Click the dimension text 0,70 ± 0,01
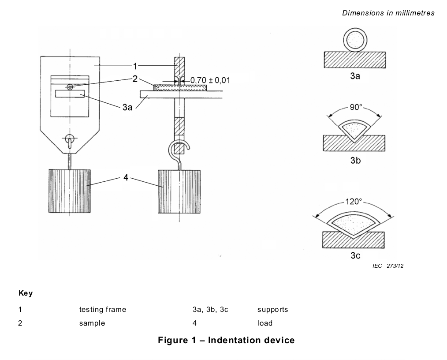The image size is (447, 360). click(x=210, y=80)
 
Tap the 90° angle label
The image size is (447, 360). click(x=356, y=107)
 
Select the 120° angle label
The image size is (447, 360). click(x=354, y=202)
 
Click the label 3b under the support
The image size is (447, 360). click(x=355, y=160)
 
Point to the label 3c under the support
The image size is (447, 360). click(x=355, y=255)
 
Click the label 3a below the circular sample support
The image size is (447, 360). click(x=355, y=76)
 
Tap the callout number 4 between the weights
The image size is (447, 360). click(x=126, y=177)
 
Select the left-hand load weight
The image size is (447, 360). click(x=70, y=191)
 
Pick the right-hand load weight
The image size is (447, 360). click(x=179, y=192)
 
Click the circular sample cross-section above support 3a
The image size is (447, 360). click(x=355, y=40)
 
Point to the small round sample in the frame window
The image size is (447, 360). click(x=70, y=87)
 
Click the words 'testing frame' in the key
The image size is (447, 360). click(x=103, y=310)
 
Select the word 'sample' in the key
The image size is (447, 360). click(x=92, y=323)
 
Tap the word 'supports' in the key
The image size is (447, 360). click(x=272, y=310)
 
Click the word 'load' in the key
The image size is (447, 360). click(x=265, y=323)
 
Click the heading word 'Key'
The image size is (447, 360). click(x=26, y=293)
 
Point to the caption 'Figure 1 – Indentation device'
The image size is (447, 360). click(x=226, y=340)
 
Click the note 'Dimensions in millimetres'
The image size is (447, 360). click(x=388, y=13)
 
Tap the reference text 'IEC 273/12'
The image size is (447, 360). click(x=388, y=266)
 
